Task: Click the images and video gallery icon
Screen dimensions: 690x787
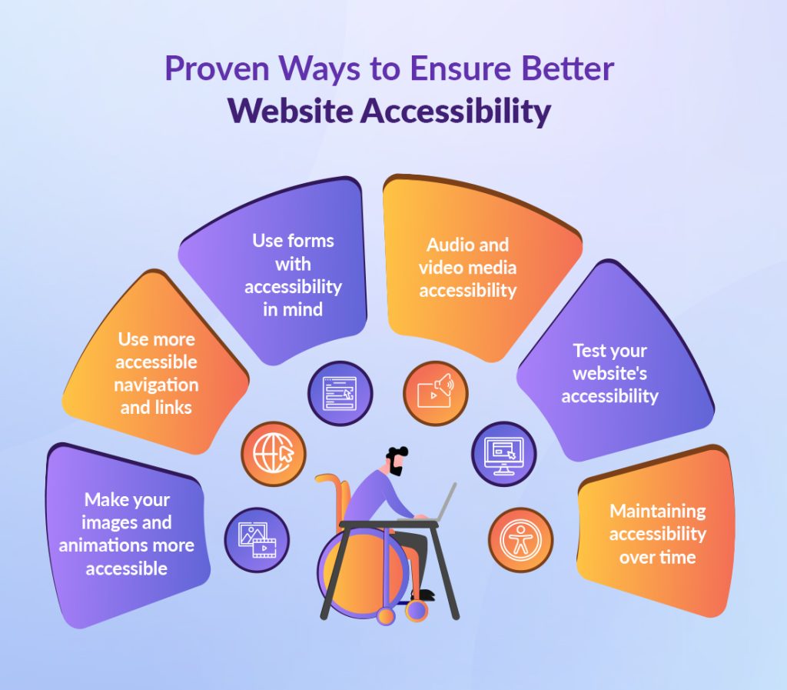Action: point(257,539)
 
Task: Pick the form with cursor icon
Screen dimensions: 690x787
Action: point(340,393)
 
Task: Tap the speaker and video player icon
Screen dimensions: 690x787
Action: point(435,393)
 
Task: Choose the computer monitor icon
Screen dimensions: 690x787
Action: point(503,453)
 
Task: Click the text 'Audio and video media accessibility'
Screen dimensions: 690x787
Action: point(467,268)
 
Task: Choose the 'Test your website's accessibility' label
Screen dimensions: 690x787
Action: point(609,373)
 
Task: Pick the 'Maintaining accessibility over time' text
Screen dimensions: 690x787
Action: point(657,534)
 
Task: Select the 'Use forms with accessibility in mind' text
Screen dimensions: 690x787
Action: point(293,275)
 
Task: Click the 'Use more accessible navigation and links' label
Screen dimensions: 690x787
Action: point(158,373)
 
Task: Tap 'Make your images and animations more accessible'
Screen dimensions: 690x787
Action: point(127,534)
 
